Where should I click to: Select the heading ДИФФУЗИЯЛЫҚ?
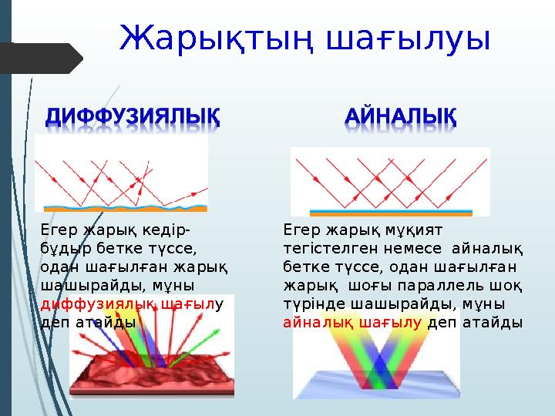click(132, 119)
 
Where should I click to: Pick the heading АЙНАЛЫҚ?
click(401, 119)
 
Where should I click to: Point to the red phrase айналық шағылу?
click(354, 321)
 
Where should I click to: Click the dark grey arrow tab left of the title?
click(42, 59)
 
